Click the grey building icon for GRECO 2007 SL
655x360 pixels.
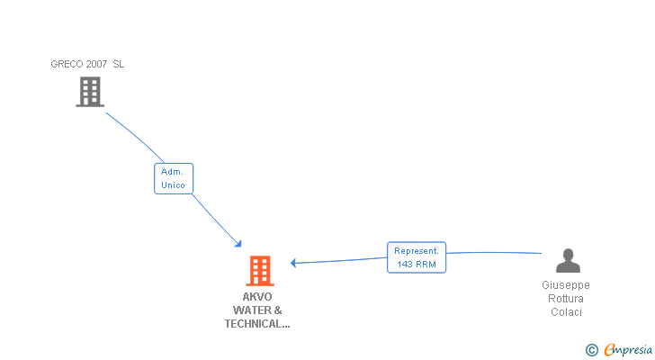click(x=89, y=91)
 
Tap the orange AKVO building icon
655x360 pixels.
click(x=259, y=270)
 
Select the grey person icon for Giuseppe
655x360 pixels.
click(x=568, y=261)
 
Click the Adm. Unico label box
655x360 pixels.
click(x=174, y=178)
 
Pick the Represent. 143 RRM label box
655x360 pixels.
click(x=417, y=257)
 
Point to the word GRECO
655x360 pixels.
click(x=67, y=64)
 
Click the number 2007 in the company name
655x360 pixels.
click(x=95, y=64)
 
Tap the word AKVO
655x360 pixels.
click(x=257, y=297)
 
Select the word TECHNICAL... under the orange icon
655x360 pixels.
click(x=257, y=324)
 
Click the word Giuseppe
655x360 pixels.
click(x=566, y=285)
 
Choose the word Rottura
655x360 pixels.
click(x=567, y=299)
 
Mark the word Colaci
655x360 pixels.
click(x=567, y=312)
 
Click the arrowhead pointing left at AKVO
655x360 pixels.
click(x=294, y=263)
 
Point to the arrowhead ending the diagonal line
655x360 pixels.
click(x=238, y=243)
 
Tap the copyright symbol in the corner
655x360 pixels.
click(x=591, y=350)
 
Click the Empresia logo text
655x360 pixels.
click(x=627, y=349)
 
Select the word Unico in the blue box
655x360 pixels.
click(x=174, y=185)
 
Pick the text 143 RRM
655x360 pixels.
click(x=417, y=265)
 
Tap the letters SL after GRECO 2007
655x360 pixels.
click(x=118, y=64)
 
